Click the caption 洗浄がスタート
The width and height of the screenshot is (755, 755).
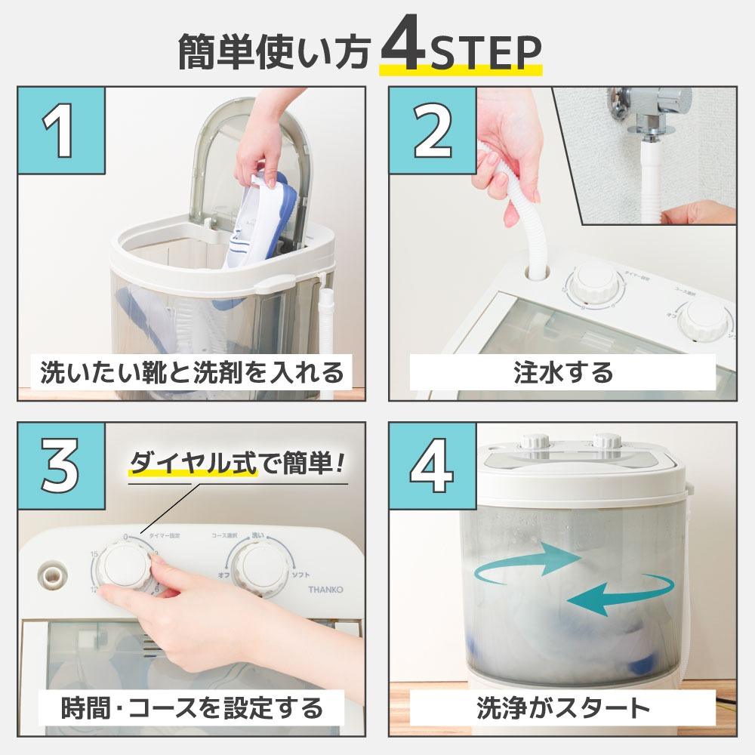562,707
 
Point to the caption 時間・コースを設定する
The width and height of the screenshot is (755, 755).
192,707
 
